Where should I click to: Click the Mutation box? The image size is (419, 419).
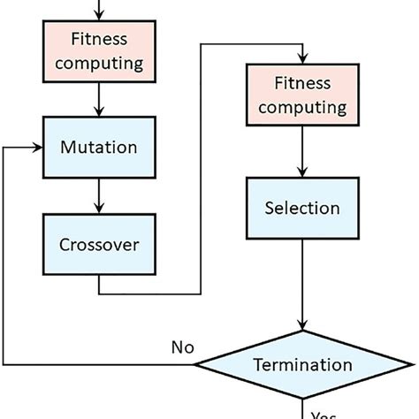click(98, 147)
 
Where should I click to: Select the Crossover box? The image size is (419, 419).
click(98, 244)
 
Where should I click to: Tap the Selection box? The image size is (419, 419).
click(303, 209)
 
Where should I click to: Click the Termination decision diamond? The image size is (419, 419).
click(303, 364)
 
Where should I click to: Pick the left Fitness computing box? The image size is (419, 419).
click(98, 50)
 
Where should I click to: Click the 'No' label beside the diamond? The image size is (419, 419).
click(184, 347)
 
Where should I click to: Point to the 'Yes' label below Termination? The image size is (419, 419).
click(325, 414)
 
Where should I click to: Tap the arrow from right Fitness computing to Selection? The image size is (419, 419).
click(303, 152)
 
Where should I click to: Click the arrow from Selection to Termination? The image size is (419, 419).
click(303, 283)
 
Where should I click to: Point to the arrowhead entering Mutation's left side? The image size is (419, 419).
click(38, 147)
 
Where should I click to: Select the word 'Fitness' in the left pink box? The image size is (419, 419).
click(98, 39)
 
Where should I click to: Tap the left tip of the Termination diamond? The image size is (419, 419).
click(196, 364)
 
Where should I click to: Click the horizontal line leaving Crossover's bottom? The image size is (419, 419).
click(150, 293)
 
